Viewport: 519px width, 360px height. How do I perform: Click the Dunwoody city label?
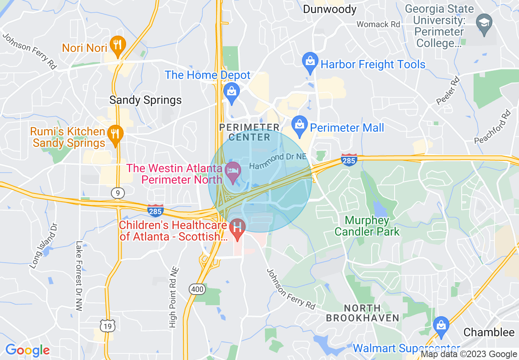[329, 9]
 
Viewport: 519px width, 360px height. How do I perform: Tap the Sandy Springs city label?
[145, 100]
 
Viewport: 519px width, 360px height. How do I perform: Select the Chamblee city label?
[489, 332]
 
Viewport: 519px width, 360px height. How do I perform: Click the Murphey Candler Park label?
[367, 226]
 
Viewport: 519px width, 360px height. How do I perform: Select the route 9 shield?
[117, 193]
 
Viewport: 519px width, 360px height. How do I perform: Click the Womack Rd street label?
[378, 24]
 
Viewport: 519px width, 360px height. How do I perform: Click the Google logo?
[27, 350]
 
